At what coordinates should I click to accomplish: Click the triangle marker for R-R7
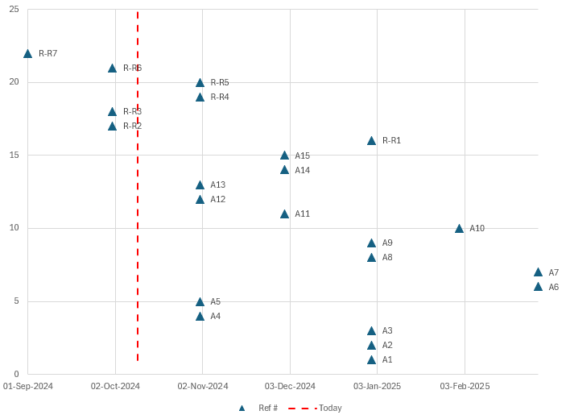27,54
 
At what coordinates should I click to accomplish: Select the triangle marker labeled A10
459,229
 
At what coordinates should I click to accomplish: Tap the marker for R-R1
371,141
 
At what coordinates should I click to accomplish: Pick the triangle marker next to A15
284,156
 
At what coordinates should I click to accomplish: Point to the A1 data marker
371,360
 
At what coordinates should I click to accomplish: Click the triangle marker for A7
538,272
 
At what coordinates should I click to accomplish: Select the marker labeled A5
200,302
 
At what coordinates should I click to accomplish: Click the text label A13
217,185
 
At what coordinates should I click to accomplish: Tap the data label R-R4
220,97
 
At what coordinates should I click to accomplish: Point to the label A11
302,214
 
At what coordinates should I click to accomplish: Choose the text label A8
387,258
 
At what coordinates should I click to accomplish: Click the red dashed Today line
138,242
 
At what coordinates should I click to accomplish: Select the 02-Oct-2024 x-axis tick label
115,387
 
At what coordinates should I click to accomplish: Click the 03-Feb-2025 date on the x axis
465,387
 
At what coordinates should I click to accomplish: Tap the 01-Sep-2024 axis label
28,387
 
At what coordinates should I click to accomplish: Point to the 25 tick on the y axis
14,10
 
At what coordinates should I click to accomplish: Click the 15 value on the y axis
14,156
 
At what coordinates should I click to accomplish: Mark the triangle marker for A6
538,287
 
